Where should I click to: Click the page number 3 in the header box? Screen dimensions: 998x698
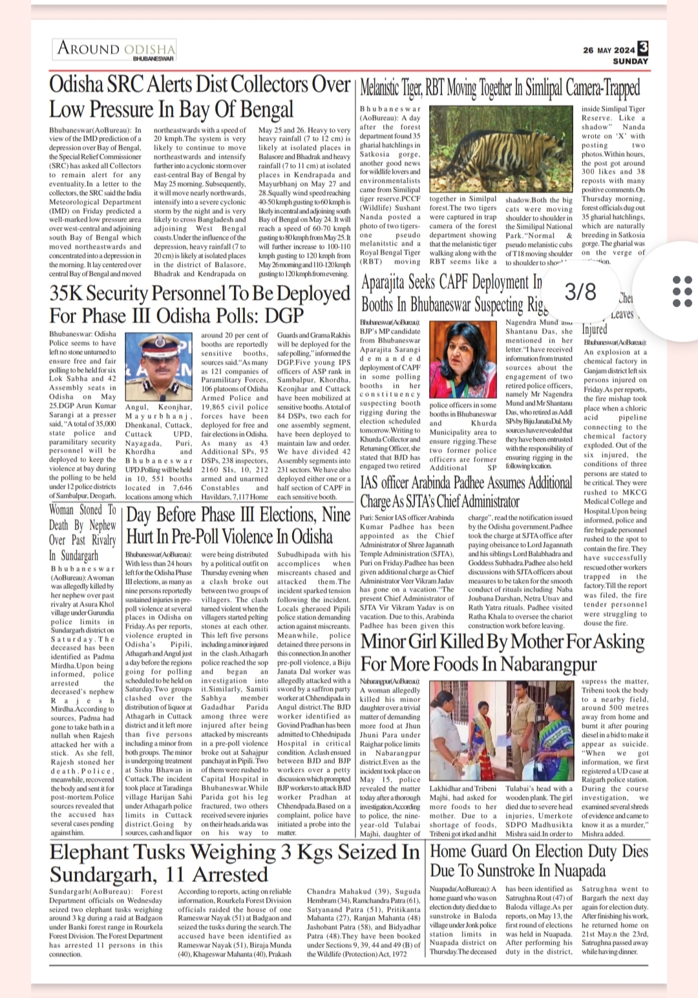(642, 49)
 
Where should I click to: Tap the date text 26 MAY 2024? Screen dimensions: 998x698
(608, 50)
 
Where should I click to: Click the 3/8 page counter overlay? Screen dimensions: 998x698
(580, 292)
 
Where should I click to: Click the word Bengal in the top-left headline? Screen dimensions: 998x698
(261, 109)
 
